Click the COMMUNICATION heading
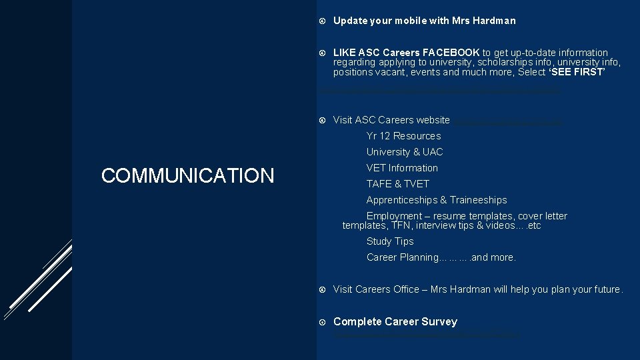click(x=187, y=175)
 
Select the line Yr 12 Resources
click(x=403, y=136)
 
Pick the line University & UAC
click(x=404, y=152)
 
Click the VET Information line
click(x=402, y=168)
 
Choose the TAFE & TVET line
click(x=397, y=184)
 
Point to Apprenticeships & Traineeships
click(x=436, y=200)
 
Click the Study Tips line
click(x=390, y=241)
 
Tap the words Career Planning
click(x=402, y=257)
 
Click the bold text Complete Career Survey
click(x=395, y=321)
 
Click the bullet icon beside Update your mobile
click(x=322, y=21)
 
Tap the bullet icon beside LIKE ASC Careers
click(x=322, y=53)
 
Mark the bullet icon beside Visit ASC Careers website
click(x=322, y=121)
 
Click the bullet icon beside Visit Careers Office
click(x=322, y=289)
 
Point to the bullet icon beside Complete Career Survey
click(x=322, y=322)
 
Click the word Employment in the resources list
click(x=394, y=216)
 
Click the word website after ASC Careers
click(x=433, y=120)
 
